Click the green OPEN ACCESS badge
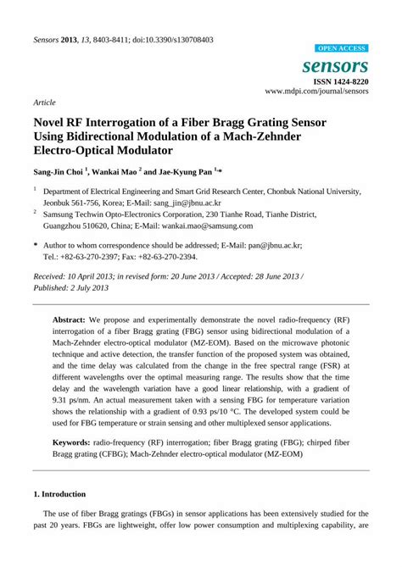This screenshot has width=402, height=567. pos(341,48)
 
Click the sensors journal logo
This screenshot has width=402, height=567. pos(342,65)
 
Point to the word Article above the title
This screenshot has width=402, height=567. pos(44,102)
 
